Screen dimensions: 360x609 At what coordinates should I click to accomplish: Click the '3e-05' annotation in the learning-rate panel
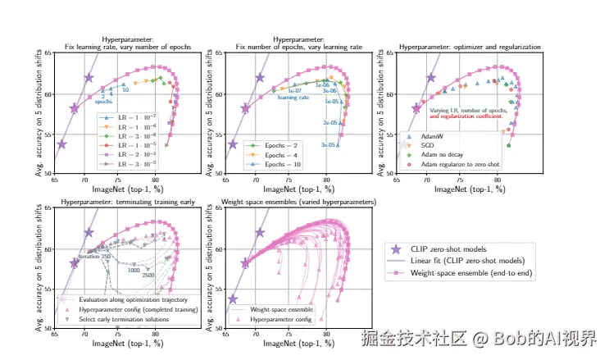329,145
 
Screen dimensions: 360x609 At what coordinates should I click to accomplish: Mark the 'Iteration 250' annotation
94,257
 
